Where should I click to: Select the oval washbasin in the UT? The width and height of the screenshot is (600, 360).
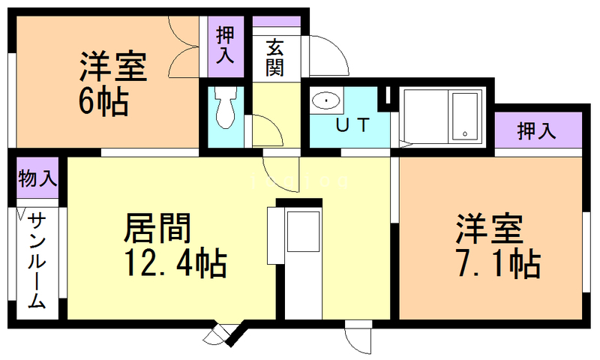pyautogui.click(x=325, y=101)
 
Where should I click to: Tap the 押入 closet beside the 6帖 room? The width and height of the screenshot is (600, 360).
pyautogui.click(x=226, y=45)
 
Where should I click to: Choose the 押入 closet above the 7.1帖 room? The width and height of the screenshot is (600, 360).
pyautogui.click(x=537, y=131)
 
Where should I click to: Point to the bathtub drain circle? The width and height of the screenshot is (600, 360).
pyautogui.click(x=465, y=134)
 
